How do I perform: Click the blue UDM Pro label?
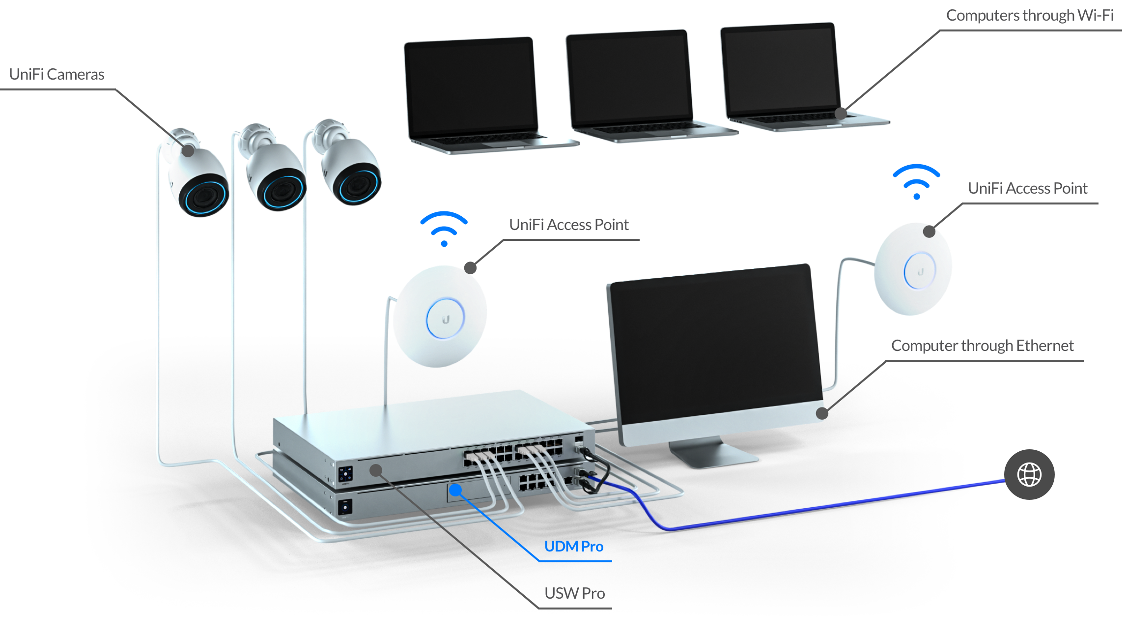point(574,546)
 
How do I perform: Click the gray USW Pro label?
point(574,593)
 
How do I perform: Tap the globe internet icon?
point(1029,474)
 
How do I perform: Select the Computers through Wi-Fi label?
point(1029,15)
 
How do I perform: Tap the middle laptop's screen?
point(629,79)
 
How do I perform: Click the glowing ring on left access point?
point(445,318)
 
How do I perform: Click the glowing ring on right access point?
point(920,270)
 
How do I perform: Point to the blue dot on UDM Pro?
point(455,490)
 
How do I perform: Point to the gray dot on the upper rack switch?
point(376,470)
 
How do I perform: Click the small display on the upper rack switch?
point(345,474)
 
